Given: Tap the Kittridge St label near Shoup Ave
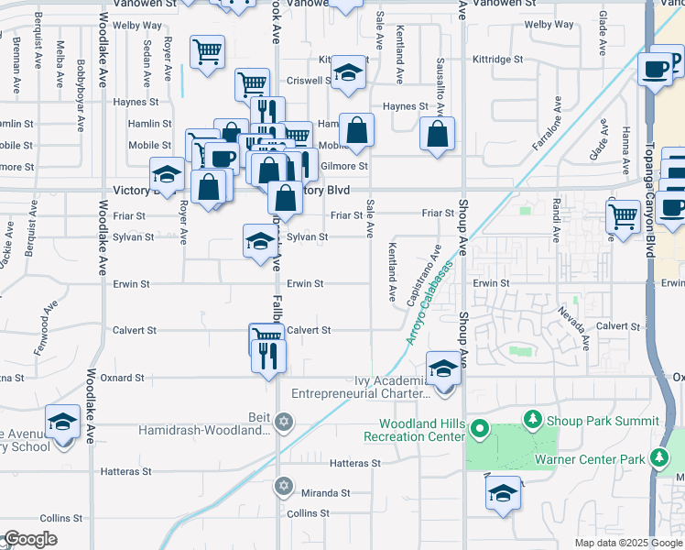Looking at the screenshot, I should (x=497, y=59).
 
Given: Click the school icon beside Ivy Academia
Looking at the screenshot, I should (x=444, y=369).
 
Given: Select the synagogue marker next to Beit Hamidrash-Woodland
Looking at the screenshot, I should (x=283, y=422).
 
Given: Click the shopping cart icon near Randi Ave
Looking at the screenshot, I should (x=624, y=217).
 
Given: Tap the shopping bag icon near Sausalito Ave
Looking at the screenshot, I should (x=438, y=133).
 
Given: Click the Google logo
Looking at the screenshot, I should (x=30, y=538).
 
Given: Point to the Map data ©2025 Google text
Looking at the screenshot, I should (x=627, y=543).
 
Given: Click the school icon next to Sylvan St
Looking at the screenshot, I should (x=258, y=240).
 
